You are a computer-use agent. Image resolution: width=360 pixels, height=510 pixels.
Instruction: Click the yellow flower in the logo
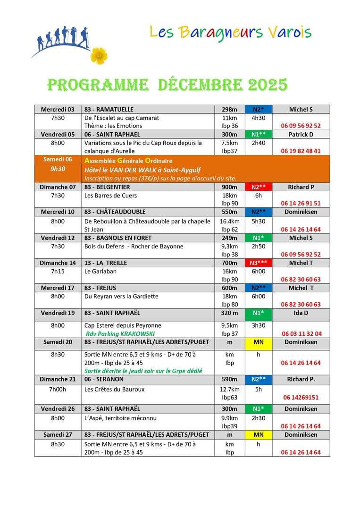[x=99, y=55]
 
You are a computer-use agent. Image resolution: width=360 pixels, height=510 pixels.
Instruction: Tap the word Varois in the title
[x=290, y=32]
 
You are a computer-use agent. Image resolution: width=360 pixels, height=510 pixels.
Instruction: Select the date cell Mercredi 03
[x=58, y=110]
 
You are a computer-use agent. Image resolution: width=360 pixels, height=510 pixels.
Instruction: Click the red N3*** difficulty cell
[x=259, y=263]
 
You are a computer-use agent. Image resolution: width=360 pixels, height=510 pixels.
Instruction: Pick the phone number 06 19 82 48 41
[x=301, y=151]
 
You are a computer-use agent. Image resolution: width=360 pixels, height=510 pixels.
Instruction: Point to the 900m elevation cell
[x=229, y=187]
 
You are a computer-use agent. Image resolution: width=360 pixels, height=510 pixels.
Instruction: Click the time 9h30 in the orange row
[x=58, y=169]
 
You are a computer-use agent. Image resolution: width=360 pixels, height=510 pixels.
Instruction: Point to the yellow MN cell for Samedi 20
[x=259, y=342]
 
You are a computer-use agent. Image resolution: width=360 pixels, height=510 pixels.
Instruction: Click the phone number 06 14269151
[x=301, y=398]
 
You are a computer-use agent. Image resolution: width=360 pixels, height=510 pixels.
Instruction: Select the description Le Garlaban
[x=100, y=272]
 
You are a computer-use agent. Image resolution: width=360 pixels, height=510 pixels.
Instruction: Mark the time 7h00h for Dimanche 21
[x=58, y=390]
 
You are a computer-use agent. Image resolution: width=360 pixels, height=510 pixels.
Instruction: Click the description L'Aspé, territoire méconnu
[x=120, y=418]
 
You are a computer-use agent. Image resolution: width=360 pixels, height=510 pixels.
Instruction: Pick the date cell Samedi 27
[x=58, y=434]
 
